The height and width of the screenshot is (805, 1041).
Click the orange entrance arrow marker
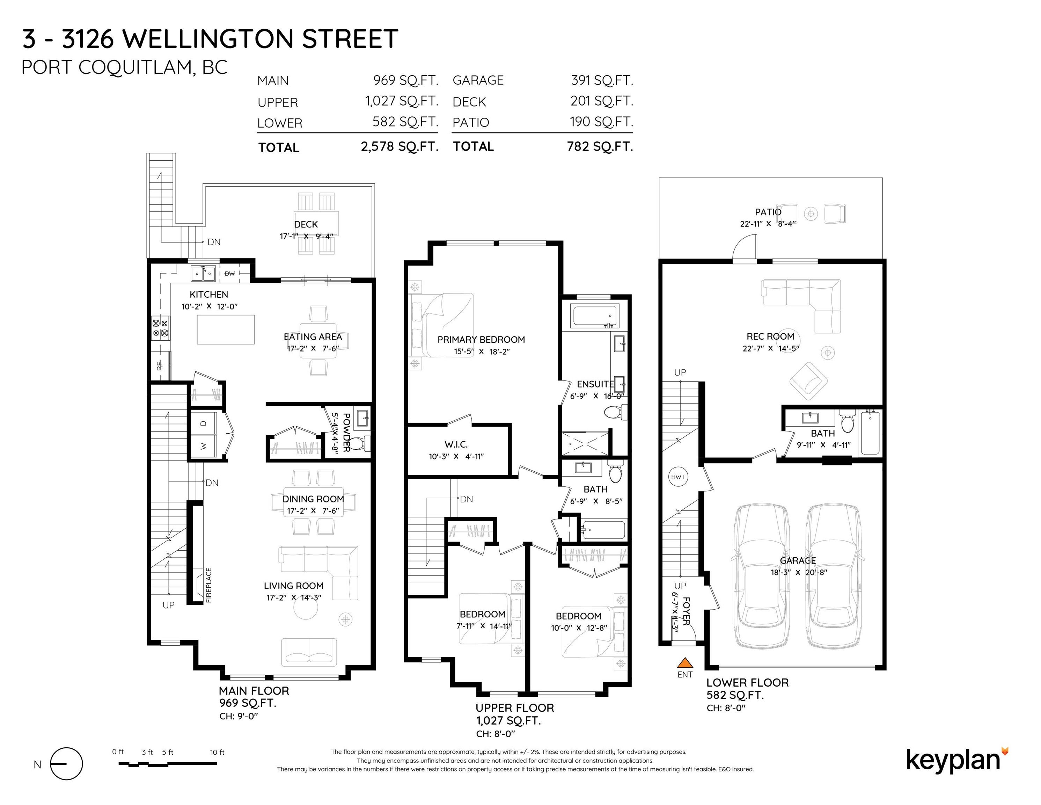coord(685,662)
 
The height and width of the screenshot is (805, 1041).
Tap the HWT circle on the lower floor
coord(678,477)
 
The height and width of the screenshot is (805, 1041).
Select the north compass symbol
coord(66,763)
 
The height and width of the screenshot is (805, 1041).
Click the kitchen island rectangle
coord(226,329)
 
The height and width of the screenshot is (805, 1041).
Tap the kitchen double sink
coord(203,274)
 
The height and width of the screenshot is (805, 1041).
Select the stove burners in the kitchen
coord(160,328)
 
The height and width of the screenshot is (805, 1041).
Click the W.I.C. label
coord(456,444)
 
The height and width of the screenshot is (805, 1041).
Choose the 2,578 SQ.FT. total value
coord(399,146)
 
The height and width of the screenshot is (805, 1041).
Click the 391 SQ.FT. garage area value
coord(602,80)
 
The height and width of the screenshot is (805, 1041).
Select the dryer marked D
coord(204,423)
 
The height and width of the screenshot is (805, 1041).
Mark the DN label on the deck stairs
coord(214,242)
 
